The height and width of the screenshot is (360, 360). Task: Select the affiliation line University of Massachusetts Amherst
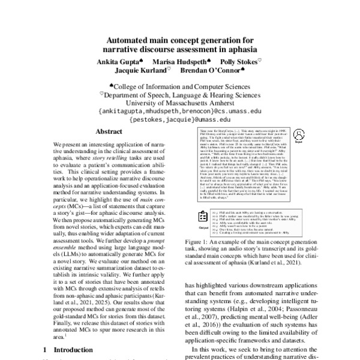tap(180, 103)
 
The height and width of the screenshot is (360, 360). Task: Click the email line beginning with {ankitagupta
tap(180, 112)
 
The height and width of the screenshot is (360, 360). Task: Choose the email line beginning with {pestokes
tap(180, 120)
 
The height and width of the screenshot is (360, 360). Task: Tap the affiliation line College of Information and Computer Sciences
tap(183, 86)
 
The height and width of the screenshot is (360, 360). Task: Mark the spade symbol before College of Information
tap(112, 85)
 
